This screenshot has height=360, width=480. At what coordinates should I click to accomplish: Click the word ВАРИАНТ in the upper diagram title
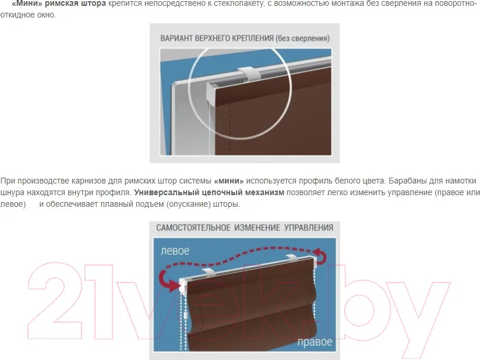click(177, 38)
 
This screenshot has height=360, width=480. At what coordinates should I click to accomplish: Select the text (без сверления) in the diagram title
click(302, 38)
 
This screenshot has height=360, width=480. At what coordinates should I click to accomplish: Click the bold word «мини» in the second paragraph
click(229, 181)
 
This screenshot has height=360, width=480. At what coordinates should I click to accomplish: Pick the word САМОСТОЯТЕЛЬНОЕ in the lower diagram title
click(193, 228)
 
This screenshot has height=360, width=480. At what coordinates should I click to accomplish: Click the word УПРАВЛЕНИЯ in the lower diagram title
click(309, 228)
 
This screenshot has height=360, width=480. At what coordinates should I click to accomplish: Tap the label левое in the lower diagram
click(175, 251)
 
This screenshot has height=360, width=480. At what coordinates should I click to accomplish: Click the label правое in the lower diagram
click(315, 342)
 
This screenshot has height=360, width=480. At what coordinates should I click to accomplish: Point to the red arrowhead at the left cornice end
click(175, 285)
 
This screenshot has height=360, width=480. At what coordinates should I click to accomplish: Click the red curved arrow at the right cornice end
click(320, 256)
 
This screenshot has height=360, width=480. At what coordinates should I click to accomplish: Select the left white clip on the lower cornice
click(209, 272)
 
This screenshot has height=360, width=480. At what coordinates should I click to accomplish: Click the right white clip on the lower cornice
click(293, 257)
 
